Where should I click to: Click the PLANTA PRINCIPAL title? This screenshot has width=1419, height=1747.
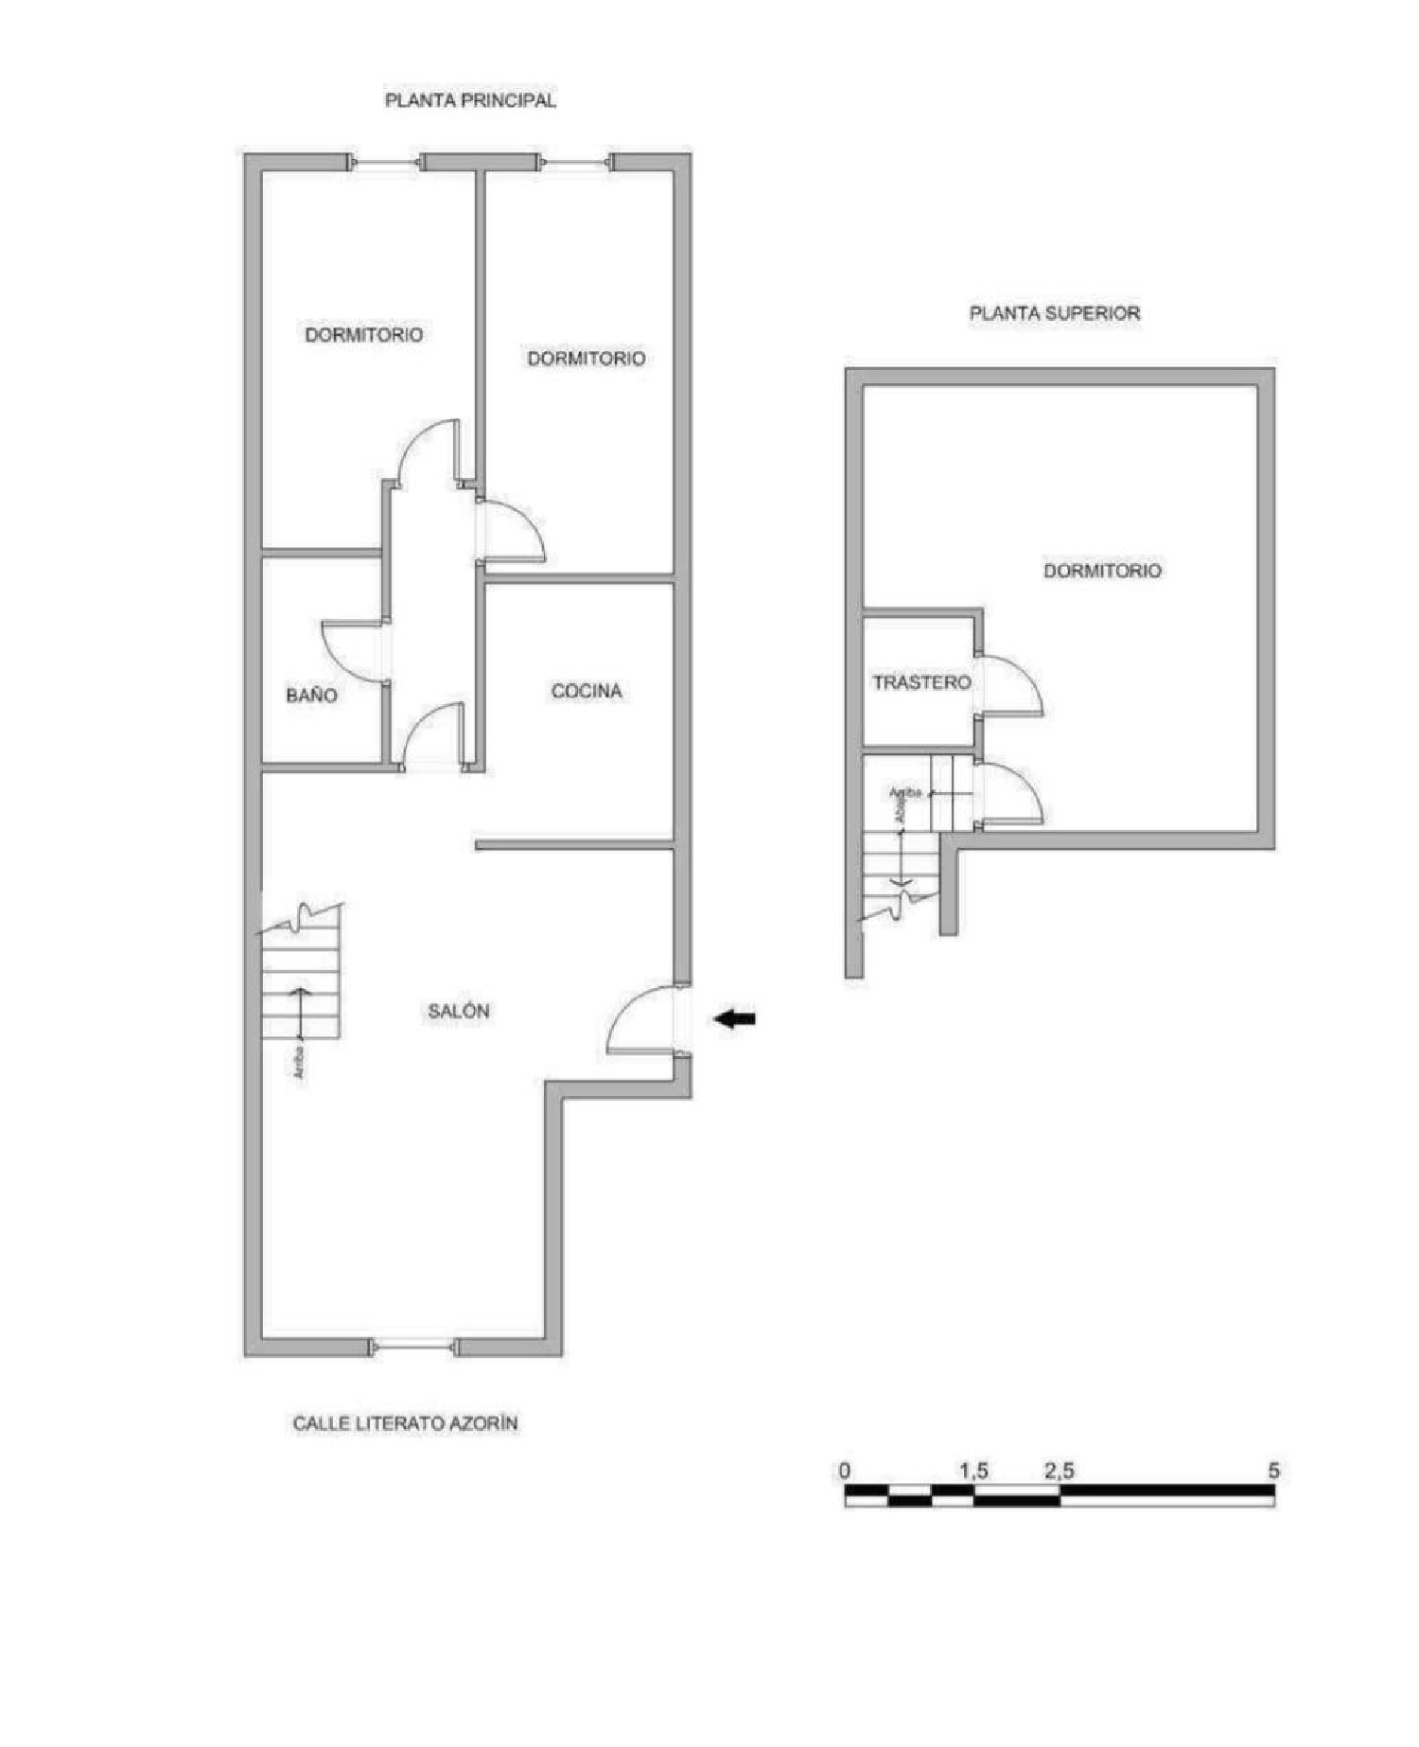pyautogui.click(x=470, y=100)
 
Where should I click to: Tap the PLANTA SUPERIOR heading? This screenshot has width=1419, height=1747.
pyautogui.click(x=1054, y=313)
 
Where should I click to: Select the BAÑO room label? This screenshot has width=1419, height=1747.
pyautogui.click(x=311, y=696)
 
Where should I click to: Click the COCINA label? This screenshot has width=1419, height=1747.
pyautogui.click(x=587, y=692)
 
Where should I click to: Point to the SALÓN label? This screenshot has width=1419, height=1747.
pyautogui.click(x=459, y=1012)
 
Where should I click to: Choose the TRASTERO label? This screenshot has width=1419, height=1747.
pyautogui.click(x=921, y=682)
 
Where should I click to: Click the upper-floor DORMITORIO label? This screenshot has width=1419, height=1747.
pyautogui.click(x=1102, y=571)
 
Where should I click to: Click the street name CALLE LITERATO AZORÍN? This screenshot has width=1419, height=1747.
pyautogui.click(x=405, y=1423)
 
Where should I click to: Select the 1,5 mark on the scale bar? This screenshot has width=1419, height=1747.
pyautogui.click(x=973, y=1472)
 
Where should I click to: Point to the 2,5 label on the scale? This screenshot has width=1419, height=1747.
pyautogui.click(x=1059, y=1472)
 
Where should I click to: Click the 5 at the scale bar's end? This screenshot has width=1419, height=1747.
pyautogui.click(x=1273, y=1472)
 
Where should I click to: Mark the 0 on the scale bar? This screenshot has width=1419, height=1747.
pyautogui.click(x=844, y=1472)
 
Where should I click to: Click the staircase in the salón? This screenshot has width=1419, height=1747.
pyautogui.click(x=300, y=979)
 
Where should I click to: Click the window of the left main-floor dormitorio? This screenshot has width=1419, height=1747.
pyautogui.click(x=385, y=163)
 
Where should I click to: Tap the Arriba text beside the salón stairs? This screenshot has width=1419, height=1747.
pyautogui.click(x=299, y=1062)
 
